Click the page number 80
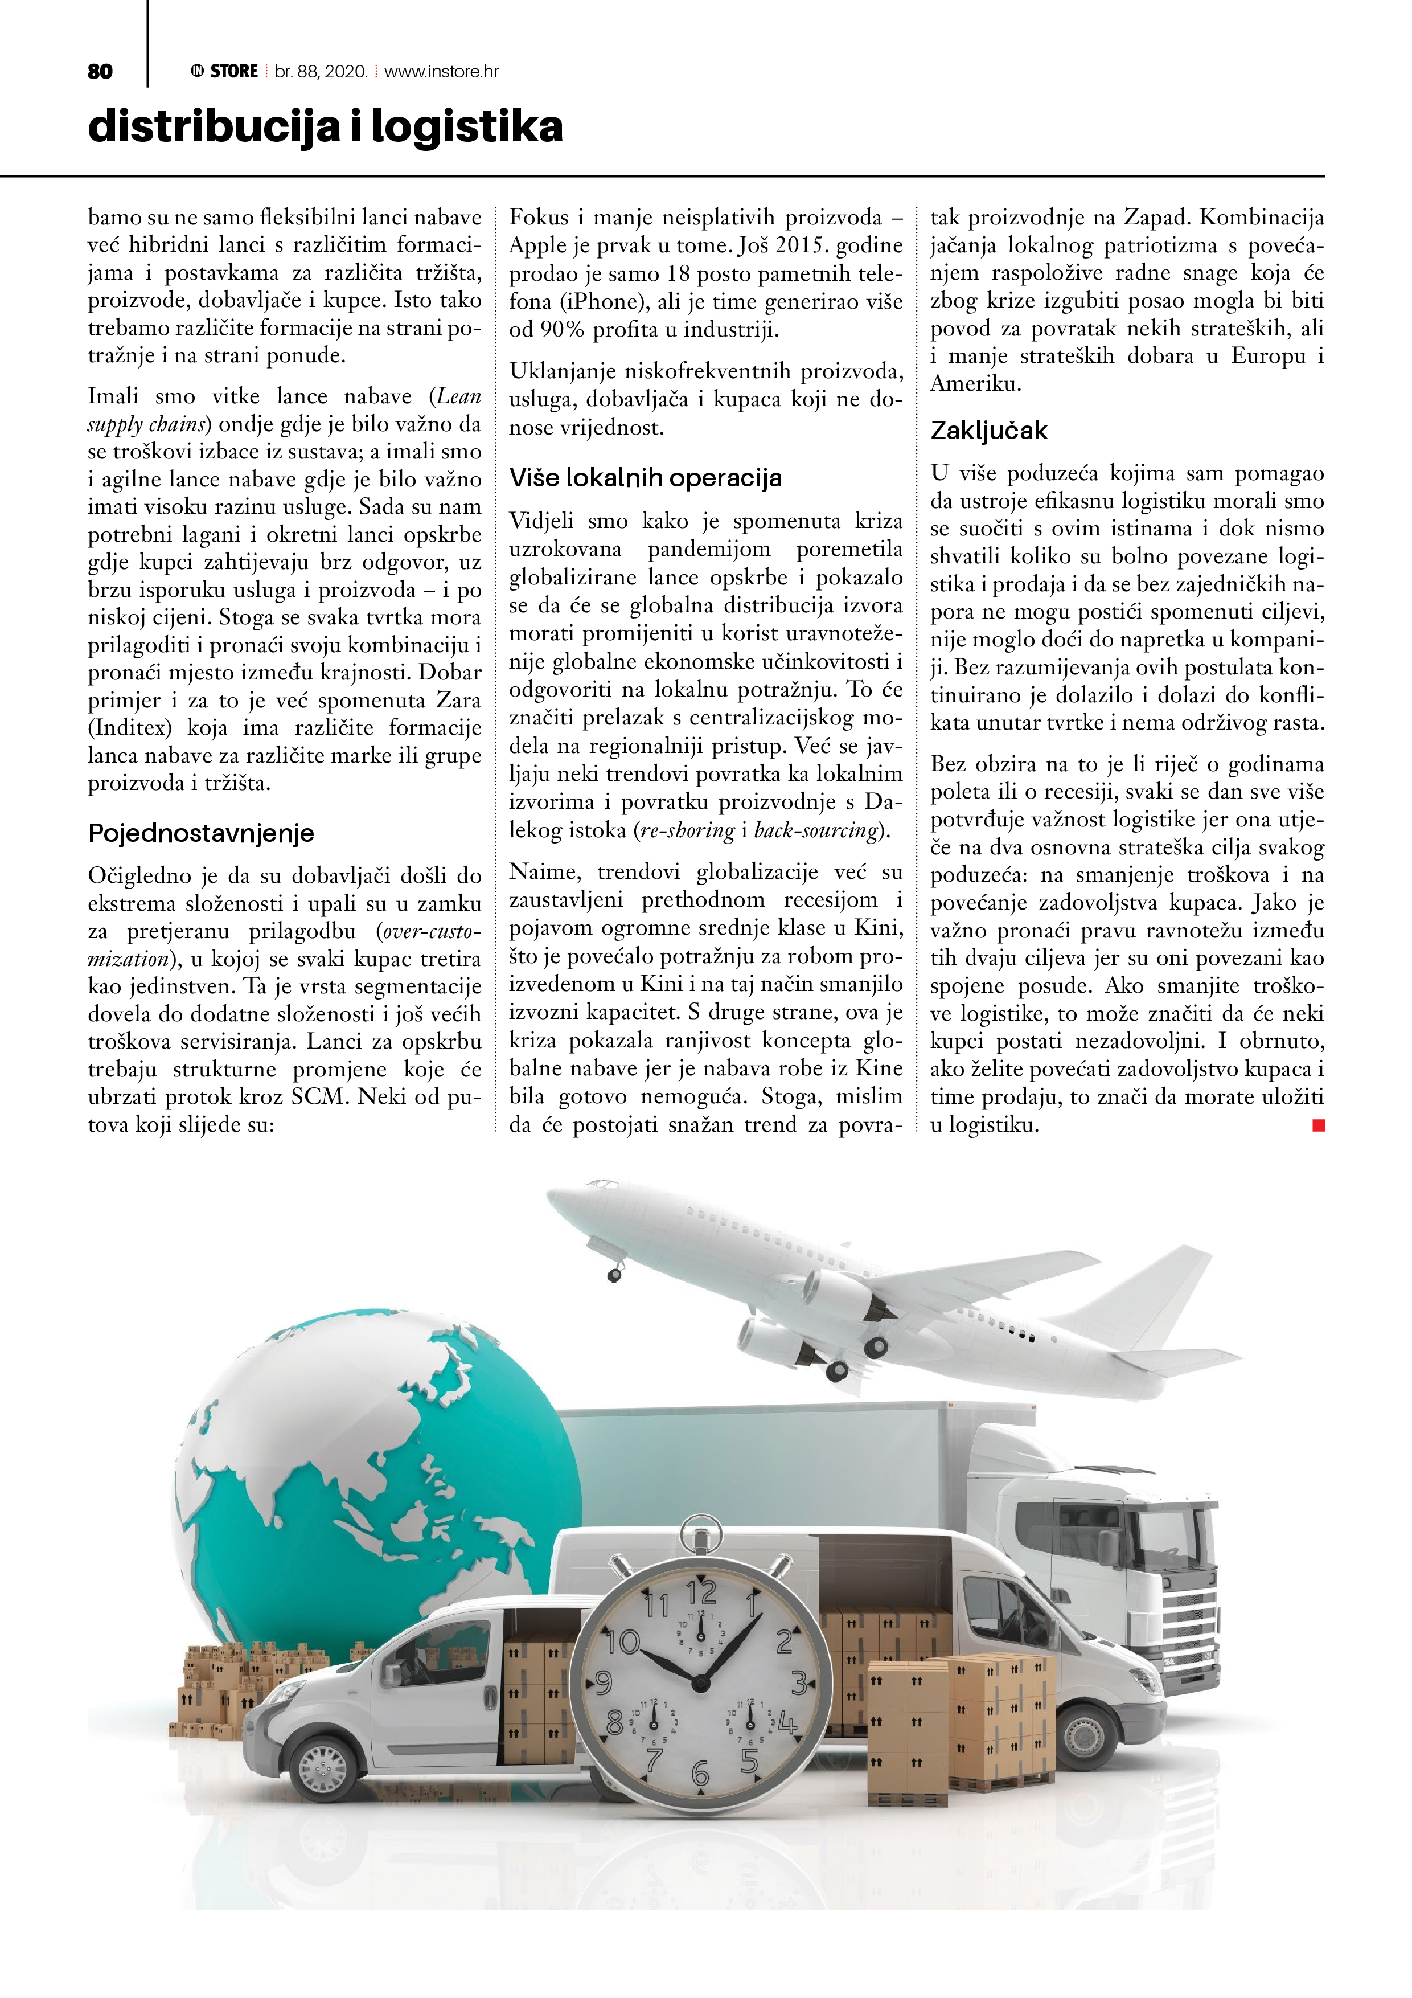click(x=100, y=71)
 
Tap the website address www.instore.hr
click(x=441, y=71)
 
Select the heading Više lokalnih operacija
click(x=646, y=478)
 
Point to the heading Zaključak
click(x=989, y=430)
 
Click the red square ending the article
click(x=1318, y=1125)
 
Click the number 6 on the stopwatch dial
click(x=700, y=1772)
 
